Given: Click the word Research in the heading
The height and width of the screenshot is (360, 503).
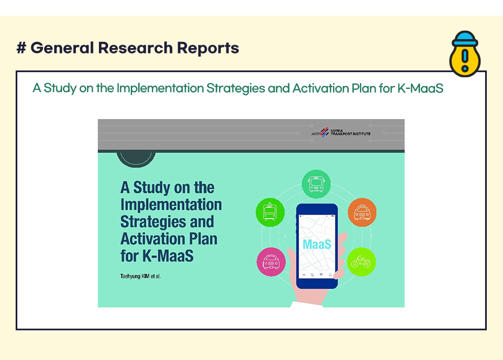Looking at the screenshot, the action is [135, 48].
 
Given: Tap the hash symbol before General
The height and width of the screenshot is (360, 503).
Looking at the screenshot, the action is [21, 48].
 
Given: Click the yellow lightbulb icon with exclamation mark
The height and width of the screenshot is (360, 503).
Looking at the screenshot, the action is [465, 54].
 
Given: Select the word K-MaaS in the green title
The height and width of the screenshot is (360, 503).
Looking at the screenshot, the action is [420, 88].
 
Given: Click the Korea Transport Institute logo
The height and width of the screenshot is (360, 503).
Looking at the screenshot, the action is [341, 132].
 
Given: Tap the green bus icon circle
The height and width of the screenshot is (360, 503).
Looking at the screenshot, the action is [316, 184].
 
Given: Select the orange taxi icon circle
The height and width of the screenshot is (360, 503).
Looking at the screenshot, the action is [362, 212].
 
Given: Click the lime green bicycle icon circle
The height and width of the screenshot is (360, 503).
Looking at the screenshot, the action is [361, 262].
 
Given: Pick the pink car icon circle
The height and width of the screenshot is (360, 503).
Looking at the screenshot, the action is [271, 262].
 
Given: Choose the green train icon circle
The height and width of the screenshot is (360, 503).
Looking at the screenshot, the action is [270, 212].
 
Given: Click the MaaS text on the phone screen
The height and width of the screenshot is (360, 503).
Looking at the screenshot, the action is [317, 244].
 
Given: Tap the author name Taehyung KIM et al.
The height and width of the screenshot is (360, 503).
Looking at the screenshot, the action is [140, 276].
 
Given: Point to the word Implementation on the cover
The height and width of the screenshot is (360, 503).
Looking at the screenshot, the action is [171, 205].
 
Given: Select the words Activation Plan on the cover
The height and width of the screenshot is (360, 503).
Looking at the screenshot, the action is [169, 239].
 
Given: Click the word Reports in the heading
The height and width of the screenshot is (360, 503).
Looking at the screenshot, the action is [208, 48].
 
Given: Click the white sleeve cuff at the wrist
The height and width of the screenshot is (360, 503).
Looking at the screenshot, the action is [306, 304].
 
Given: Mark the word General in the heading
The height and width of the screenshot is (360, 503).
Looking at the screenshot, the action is [62, 48].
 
